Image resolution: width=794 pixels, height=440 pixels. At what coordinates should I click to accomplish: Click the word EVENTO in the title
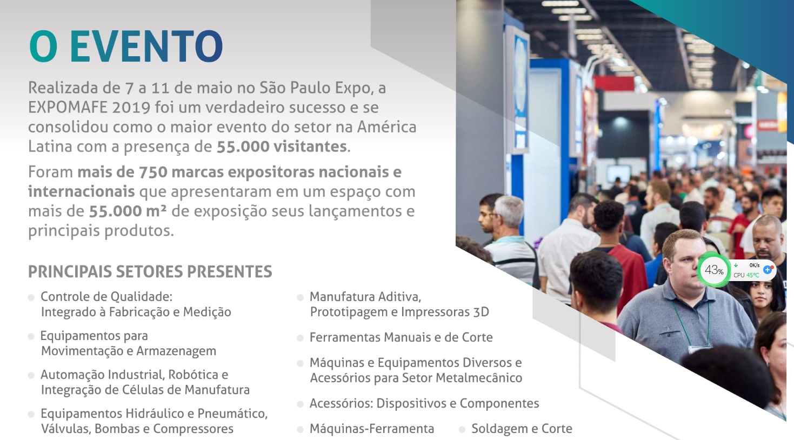tap(146, 46)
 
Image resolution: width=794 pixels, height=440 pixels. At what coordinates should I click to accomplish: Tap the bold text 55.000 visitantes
tap(282, 146)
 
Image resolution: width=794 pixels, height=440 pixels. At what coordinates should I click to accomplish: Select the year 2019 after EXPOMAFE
tap(131, 108)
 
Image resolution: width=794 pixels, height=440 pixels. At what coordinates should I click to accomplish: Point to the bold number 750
tap(153, 172)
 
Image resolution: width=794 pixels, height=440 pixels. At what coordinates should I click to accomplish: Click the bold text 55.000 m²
tap(127, 211)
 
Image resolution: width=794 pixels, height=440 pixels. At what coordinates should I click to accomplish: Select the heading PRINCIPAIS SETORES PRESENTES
tap(150, 271)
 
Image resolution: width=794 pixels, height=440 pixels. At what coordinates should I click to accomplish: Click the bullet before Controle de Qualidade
tap(31, 297)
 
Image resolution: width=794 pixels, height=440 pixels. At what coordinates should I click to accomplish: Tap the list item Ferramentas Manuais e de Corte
tap(401, 337)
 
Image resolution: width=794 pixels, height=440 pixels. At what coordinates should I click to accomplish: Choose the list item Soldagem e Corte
tap(522, 429)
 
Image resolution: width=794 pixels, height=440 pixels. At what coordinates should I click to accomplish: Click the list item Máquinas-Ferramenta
tap(372, 429)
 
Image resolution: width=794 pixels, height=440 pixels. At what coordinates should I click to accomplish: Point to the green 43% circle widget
tap(713, 270)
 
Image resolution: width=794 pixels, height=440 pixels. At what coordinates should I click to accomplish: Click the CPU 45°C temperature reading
tap(746, 275)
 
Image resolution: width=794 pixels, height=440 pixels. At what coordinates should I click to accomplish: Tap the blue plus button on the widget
tap(768, 270)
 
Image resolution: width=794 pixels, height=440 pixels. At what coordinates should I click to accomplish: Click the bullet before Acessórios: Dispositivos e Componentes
tap(300, 404)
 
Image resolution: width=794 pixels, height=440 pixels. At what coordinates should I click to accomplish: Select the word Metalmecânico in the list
tap(478, 378)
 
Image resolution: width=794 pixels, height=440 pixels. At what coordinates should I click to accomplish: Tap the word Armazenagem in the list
tap(176, 351)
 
